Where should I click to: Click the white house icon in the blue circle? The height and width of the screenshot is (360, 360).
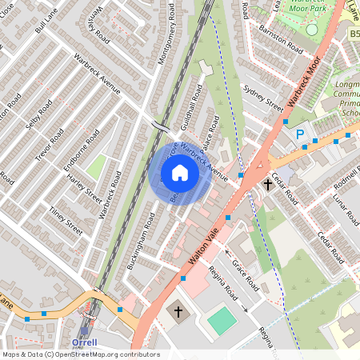179,173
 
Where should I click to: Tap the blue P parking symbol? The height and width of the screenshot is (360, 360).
301,135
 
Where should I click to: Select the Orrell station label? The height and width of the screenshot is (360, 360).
84,342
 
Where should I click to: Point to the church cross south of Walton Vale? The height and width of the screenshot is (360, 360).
179,311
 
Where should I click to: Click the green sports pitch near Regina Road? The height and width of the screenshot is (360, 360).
222,322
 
